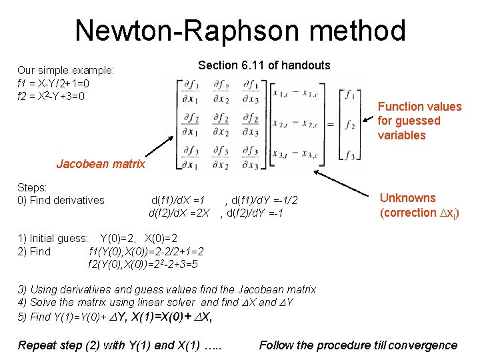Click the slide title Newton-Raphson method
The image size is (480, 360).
(x=240, y=31)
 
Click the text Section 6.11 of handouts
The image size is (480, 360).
(x=264, y=65)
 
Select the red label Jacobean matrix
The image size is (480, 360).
(x=101, y=163)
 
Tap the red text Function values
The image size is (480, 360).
(x=419, y=107)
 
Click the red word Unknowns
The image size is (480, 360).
(x=407, y=198)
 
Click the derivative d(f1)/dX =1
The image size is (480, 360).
(x=178, y=200)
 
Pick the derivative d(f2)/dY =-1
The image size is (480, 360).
(x=252, y=213)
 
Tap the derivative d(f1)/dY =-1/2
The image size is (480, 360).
(x=261, y=200)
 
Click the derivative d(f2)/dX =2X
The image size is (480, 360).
(x=179, y=213)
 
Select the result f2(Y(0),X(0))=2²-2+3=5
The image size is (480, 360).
(x=143, y=265)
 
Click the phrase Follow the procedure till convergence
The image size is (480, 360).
(x=358, y=345)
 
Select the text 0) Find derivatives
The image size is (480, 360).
(x=61, y=200)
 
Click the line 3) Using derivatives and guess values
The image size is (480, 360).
(x=167, y=289)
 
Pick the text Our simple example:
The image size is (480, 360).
(x=65, y=71)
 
